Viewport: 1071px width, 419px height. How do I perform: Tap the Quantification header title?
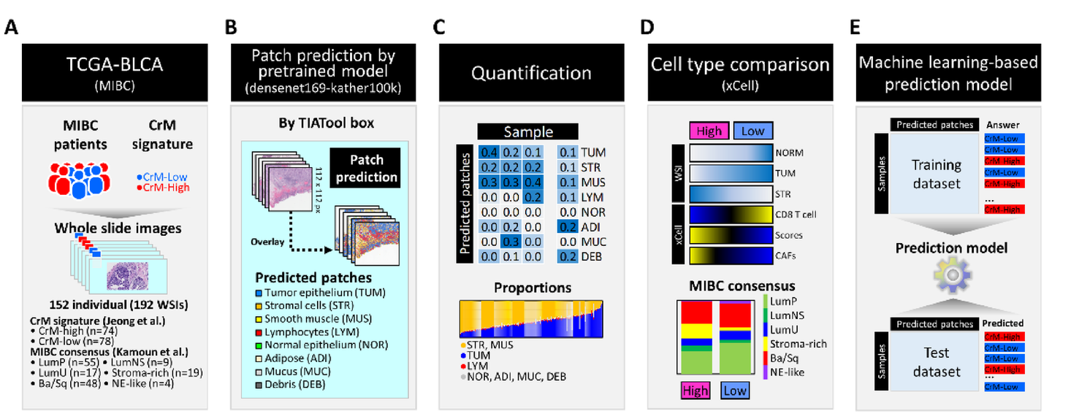point(530,73)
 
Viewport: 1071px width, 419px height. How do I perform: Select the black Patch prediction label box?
point(365,167)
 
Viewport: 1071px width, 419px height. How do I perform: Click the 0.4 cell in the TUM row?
point(489,152)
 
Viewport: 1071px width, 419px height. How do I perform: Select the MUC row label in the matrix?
point(593,241)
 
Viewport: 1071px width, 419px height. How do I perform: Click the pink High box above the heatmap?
point(709,131)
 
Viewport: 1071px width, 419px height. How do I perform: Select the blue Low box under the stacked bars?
point(733,390)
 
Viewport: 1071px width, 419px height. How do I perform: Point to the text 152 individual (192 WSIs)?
point(112,304)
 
